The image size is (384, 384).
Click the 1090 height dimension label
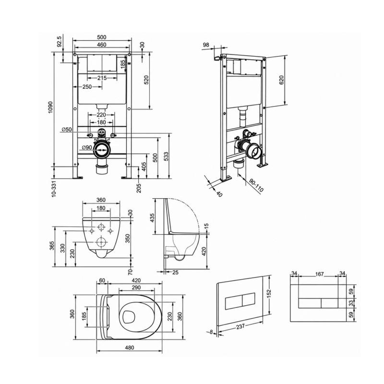(50, 107)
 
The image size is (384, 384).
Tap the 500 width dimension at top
(102, 37)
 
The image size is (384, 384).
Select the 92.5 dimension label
(59, 41)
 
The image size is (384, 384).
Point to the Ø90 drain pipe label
(87, 147)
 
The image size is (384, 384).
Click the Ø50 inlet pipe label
(67, 130)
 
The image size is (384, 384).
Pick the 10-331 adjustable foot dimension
(54, 189)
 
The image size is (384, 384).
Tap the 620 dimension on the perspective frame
(281, 80)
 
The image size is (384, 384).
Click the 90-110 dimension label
(256, 185)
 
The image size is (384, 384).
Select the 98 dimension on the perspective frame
(206, 45)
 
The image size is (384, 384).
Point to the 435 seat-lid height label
(152, 218)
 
